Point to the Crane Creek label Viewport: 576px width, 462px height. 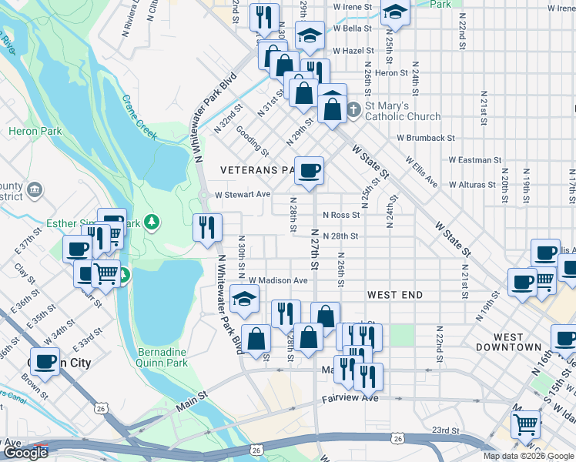(139, 117)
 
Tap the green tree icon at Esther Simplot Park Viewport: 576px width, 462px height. (152, 223)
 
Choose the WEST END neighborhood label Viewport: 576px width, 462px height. (395, 295)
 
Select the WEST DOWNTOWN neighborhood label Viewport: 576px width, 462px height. (517, 342)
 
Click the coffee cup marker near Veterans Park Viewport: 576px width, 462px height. (309, 171)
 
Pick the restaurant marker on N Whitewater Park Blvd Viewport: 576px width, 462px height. (207, 227)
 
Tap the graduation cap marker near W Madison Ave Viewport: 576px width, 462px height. (245, 299)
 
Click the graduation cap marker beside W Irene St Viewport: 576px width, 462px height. (395, 11)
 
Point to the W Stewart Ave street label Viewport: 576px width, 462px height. (243, 195)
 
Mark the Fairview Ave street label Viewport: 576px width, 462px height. (350, 398)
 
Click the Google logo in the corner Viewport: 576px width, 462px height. (25, 453)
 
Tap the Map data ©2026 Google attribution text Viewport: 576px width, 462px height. (527, 456)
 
